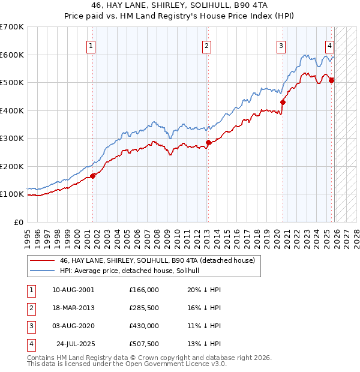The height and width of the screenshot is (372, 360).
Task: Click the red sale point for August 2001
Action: tap(93, 176)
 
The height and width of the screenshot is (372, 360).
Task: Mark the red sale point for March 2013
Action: tap(208, 142)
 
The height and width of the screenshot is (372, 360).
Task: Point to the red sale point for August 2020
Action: tap(283, 102)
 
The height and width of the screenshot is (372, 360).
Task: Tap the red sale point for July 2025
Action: tap(331, 80)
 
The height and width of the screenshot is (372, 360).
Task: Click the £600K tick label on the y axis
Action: tap(12, 55)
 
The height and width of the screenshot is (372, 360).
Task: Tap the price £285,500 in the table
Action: tap(144, 308)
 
